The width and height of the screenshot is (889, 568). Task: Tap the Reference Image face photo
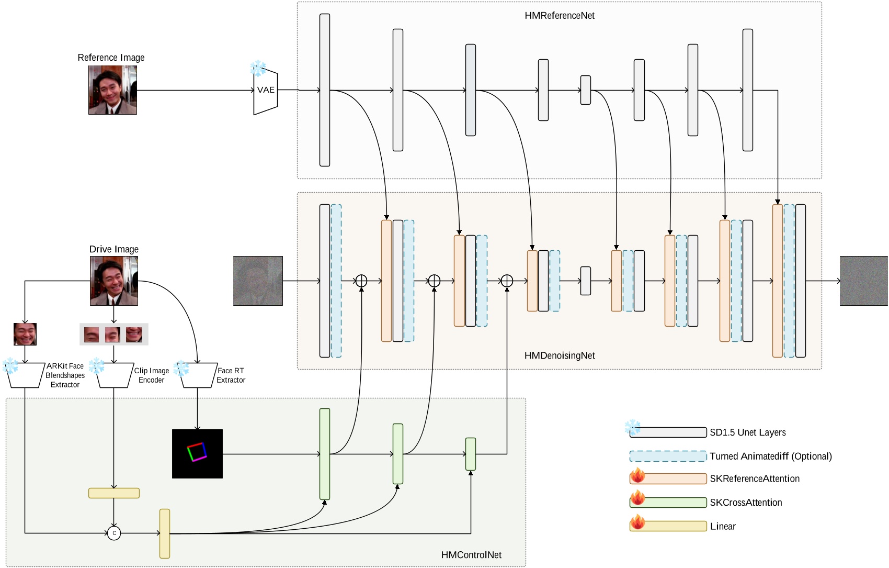[112, 90]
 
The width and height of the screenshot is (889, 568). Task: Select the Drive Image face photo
[114, 281]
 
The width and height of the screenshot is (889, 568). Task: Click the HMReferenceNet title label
[559, 16]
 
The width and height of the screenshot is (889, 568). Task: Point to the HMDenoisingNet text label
[559, 355]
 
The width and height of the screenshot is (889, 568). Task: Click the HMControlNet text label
[471, 555]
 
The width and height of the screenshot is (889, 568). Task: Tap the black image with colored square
[197, 453]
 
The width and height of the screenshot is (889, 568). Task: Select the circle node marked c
[114, 533]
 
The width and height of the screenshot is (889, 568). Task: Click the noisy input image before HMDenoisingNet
[258, 281]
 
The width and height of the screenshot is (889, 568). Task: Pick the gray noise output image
[863, 281]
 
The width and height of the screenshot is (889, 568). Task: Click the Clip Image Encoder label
[151, 375]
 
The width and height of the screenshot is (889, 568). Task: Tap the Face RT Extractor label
[231, 375]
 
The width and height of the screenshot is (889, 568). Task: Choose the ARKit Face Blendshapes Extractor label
[65, 375]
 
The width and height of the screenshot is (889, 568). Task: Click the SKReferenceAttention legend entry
[754, 478]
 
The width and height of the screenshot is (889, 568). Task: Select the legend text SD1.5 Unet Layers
[747, 432]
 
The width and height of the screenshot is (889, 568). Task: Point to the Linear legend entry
[722, 526]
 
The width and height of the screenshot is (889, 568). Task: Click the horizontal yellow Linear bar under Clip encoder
[114, 493]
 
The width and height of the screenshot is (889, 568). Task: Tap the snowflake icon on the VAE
[258, 68]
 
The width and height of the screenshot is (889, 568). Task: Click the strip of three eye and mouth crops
[114, 335]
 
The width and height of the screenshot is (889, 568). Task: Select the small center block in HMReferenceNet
[585, 90]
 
